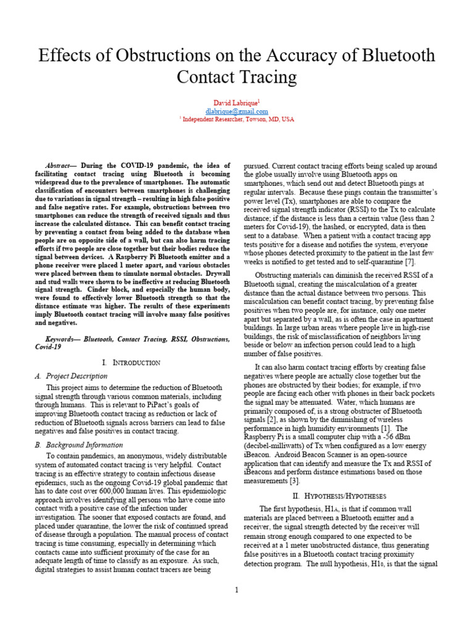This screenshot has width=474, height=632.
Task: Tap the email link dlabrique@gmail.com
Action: (x=237, y=111)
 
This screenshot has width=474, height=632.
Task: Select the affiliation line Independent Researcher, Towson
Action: (x=237, y=120)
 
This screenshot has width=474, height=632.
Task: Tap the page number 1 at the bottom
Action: (x=237, y=591)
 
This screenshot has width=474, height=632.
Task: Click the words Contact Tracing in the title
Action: (x=237, y=78)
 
